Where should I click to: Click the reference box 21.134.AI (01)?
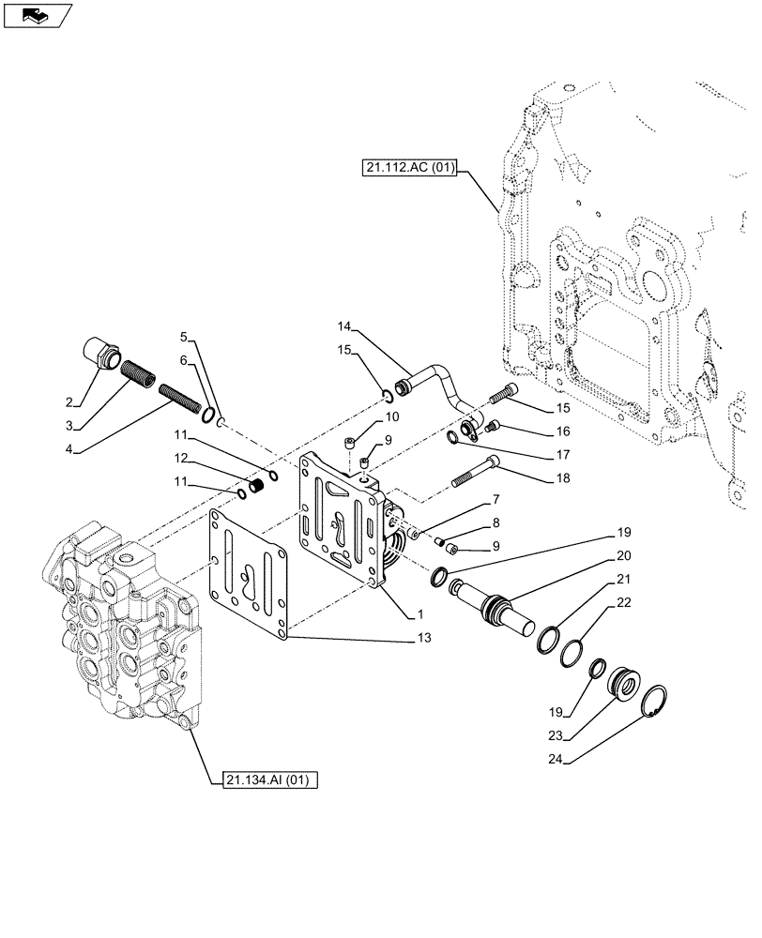[x=271, y=779]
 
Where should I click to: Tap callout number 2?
[x=69, y=402]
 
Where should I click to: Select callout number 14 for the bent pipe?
[x=344, y=326]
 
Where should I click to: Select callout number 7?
[x=495, y=500]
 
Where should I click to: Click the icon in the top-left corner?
[x=38, y=15]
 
